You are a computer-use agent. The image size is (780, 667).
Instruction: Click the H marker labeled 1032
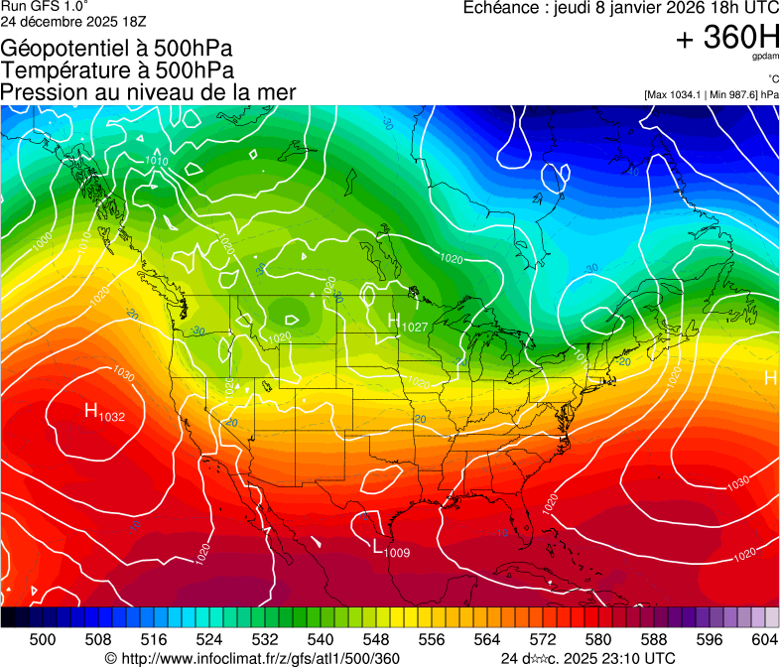click(91, 411)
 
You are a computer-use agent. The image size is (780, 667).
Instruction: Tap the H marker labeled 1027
click(394, 322)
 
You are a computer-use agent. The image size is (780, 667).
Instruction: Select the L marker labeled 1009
click(378, 547)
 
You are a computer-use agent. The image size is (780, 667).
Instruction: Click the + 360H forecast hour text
click(726, 39)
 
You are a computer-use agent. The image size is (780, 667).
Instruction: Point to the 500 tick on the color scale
click(43, 638)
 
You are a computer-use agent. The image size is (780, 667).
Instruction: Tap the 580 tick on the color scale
click(598, 638)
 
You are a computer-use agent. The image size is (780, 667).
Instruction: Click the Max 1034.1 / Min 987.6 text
click(711, 94)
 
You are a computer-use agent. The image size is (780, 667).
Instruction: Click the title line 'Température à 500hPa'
click(118, 70)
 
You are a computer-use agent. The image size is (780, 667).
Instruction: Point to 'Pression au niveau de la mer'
click(148, 92)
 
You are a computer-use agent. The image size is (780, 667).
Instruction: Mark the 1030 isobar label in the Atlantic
click(737, 483)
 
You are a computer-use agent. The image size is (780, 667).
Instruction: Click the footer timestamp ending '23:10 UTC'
click(588, 658)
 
